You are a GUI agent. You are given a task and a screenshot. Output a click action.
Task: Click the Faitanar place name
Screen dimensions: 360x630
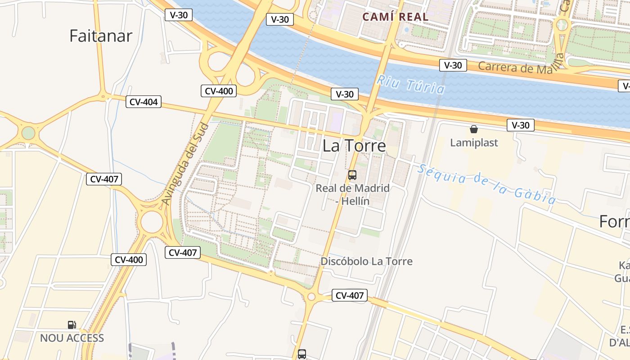coord(101,36)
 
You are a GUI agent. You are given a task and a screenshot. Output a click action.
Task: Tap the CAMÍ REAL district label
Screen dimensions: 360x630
coord(396,17)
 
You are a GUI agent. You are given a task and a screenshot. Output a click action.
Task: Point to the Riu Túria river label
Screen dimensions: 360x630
coord(410,84)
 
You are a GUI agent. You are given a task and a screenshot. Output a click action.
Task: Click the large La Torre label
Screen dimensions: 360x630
coord(354,145)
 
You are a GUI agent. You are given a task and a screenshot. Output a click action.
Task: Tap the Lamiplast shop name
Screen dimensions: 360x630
coord(474,143)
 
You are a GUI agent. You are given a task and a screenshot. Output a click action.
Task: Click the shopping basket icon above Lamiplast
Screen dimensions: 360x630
coord(474,130)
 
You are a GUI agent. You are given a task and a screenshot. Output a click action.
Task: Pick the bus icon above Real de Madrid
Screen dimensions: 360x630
coord(352,175)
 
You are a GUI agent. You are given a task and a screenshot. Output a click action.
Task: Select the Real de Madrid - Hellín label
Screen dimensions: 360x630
coord(352,194)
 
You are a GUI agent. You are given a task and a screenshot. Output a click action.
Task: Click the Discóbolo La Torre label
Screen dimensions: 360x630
coord(366,261)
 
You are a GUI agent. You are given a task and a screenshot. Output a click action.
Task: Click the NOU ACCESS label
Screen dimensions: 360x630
coord(72,338)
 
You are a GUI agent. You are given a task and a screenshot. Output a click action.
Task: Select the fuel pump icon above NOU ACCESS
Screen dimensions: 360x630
coord(72,324)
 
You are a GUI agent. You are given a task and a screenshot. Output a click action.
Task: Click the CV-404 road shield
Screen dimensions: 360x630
coord(144,102)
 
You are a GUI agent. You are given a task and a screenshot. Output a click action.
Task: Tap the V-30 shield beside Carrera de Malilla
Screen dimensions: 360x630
coord(453,65)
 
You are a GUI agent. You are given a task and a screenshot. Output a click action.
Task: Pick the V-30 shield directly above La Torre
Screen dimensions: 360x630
coord(345,94)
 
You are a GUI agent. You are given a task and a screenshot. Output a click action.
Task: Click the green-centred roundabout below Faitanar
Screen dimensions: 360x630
coord(28,133)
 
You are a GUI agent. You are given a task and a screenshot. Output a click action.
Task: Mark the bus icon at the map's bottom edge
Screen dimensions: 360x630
coord(302,354)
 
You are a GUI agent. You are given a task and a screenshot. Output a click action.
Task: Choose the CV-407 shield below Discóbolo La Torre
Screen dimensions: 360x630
coord(350,296)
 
